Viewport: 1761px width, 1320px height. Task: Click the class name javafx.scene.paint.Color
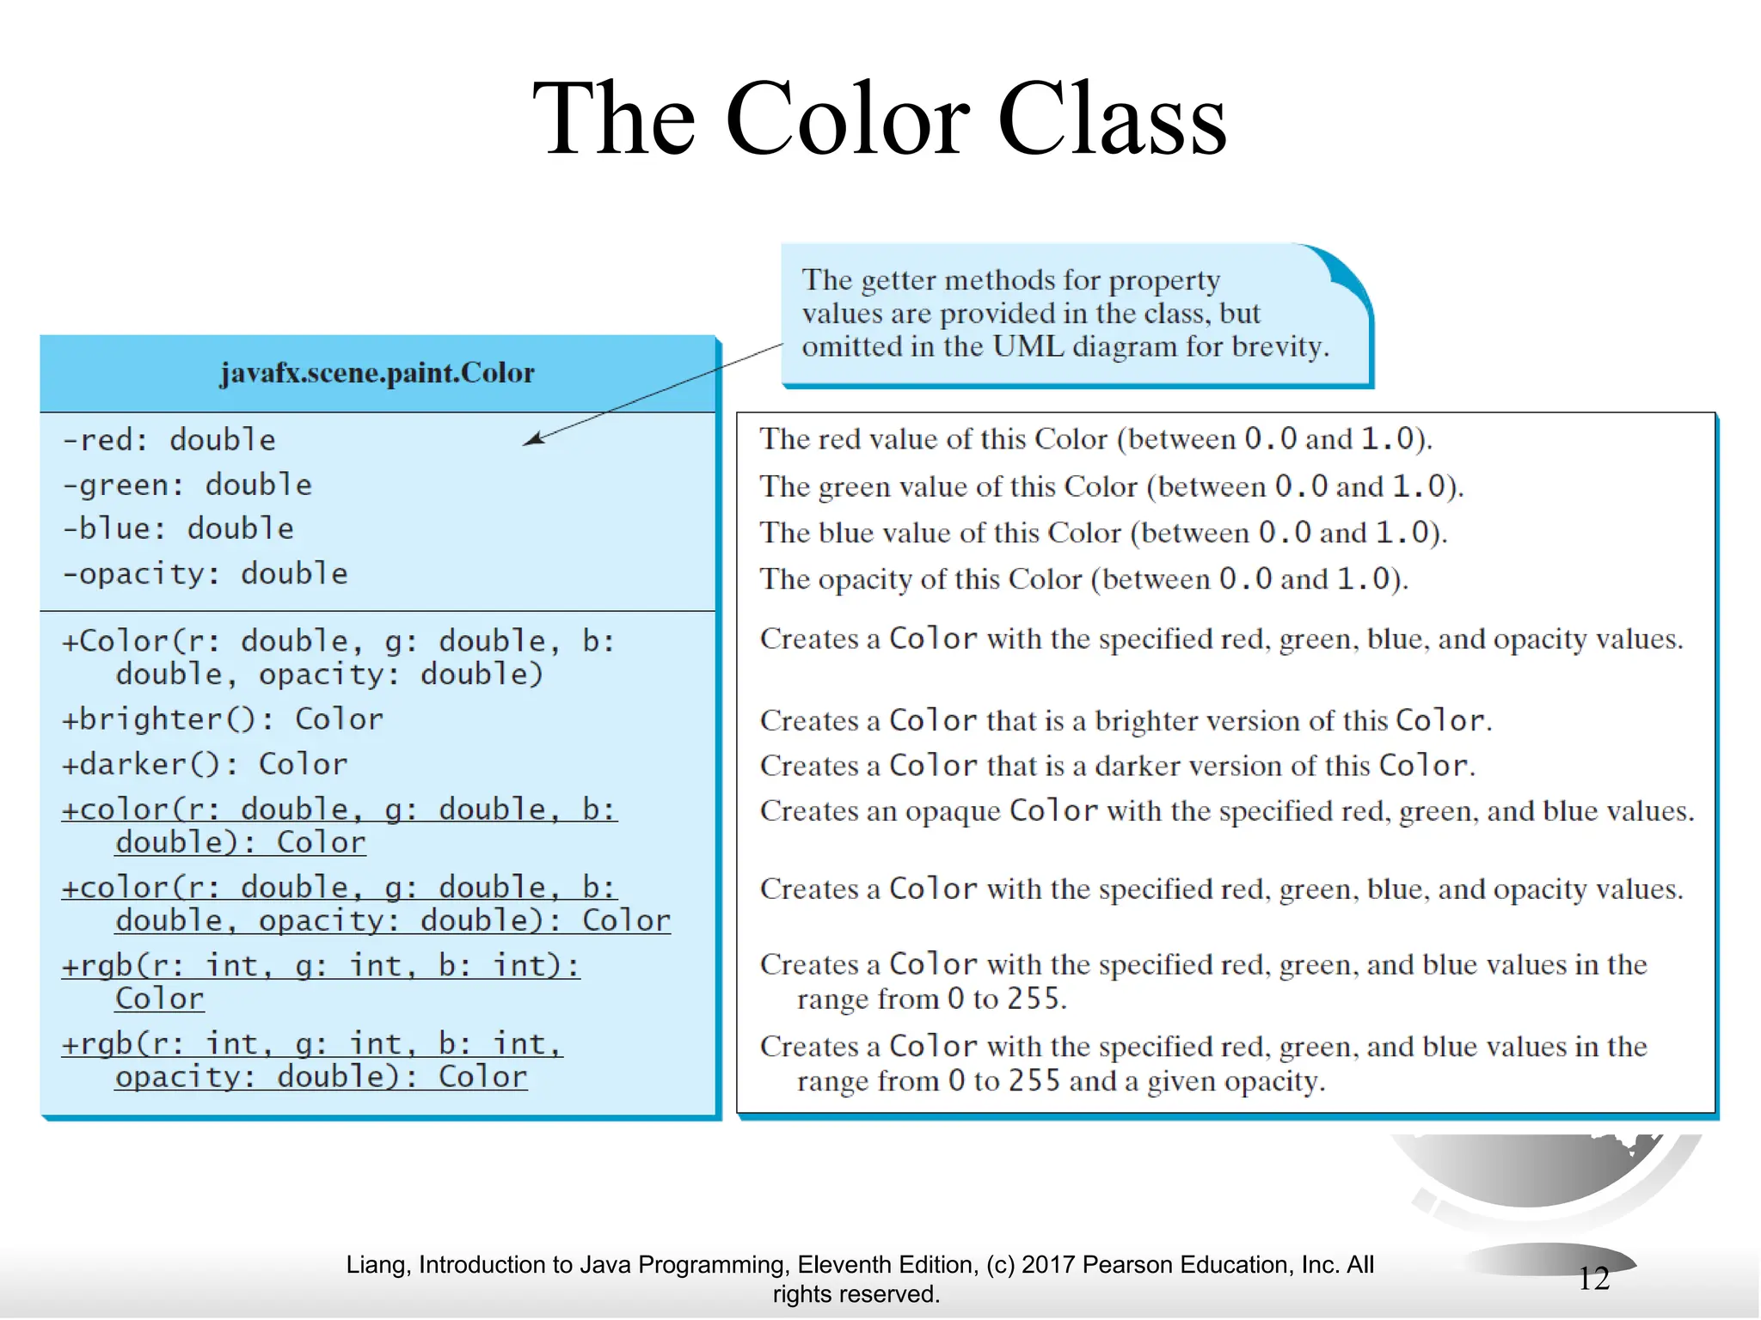(x=377, y=373)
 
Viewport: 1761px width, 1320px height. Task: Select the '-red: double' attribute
(x=169, y=440)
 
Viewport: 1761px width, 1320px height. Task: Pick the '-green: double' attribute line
(x=187, y=486)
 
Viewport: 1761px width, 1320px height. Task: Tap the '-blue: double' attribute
(x=178, y=529)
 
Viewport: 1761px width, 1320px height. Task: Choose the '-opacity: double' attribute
(x=205, y=574)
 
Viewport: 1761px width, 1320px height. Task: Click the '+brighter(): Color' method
(x=222, y=719)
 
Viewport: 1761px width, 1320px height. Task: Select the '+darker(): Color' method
(x=205, y=764)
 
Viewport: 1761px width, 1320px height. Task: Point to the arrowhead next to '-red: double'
(x=532, y=440)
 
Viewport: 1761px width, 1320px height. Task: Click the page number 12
(x=1593, y=1279)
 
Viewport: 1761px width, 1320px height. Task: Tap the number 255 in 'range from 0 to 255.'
(x=1033, y=999)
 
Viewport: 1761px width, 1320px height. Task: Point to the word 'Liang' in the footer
(x=377, y=1265)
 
